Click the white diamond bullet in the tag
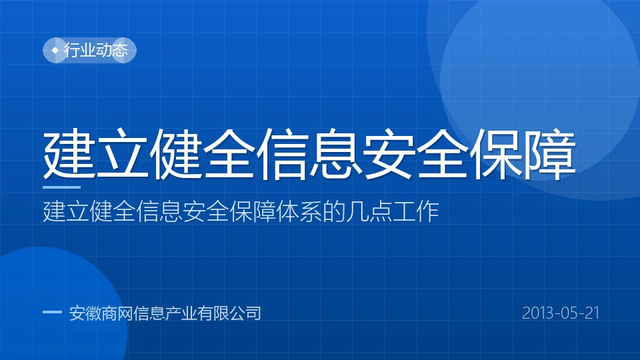point(55,50)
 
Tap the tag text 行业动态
point(96,50)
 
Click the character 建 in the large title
point(69,154)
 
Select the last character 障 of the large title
point(550,154)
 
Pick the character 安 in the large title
point(389,154)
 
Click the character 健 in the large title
point(176,154)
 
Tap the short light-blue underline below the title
point(61,187)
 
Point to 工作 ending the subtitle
point(416,211)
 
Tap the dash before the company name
point(52,313)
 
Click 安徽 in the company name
point(85,313)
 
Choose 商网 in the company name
point(117,313)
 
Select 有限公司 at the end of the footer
point(229,313)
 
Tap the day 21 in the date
point(592,313)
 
